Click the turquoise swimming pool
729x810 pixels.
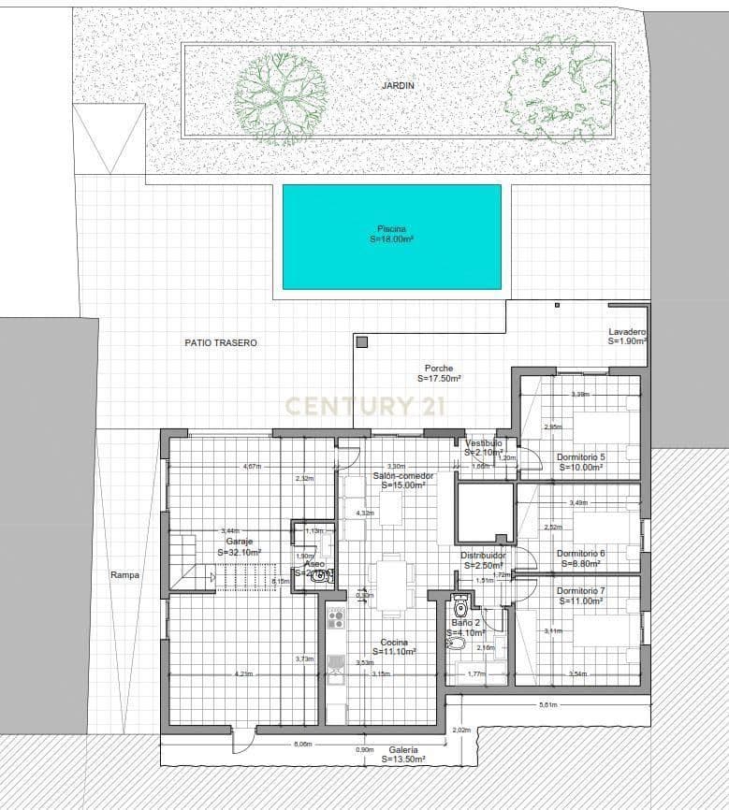pos(391,237)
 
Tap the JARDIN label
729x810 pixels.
pos(398,85)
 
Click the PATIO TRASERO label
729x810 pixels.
pos(220,343)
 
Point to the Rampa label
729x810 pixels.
pos(124,575)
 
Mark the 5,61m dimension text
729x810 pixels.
pos(548,705)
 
